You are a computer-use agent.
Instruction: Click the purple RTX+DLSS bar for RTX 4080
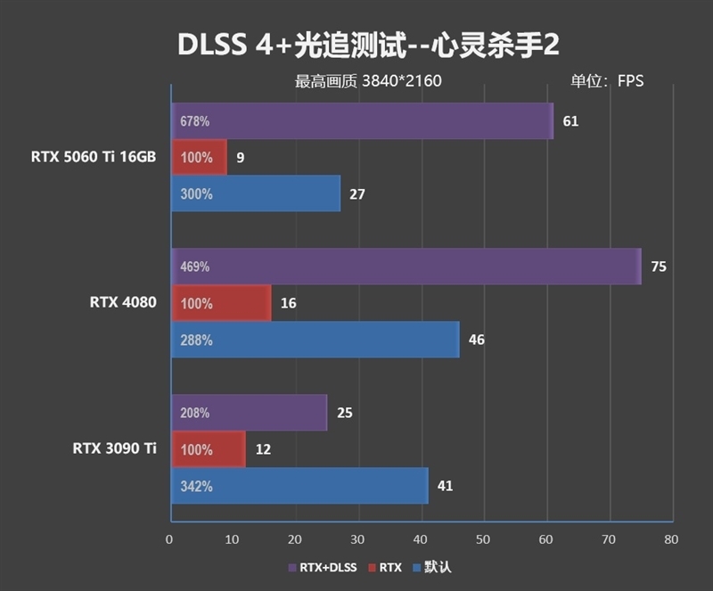[x=406, y=267]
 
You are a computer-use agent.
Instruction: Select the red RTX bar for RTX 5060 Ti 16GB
[x=199, y=158]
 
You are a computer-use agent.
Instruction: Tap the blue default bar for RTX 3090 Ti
[x=299, y=486]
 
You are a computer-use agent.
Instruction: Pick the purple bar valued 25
[x=249, y=413]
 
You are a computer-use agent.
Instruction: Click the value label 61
[x=570, y=121]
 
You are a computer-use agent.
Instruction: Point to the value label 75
[x=659, y=267]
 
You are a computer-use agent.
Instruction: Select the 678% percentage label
[x=194, y=121]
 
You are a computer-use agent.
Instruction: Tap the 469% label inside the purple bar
[x=194, y=267]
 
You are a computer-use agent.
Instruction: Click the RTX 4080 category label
[x=123, y=302]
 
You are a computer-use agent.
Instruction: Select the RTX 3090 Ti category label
[x=115, y=448]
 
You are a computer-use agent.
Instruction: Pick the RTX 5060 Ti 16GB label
[x=94, y=157]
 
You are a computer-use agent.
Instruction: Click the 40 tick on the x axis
[x=421, y=539]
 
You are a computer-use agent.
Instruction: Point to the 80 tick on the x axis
[x=671, y=539]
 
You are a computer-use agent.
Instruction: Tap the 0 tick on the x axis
[x=169, y=539]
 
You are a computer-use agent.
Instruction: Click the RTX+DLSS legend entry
[x=324, y=567]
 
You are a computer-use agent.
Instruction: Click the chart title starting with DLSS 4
[x=356, y=45]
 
